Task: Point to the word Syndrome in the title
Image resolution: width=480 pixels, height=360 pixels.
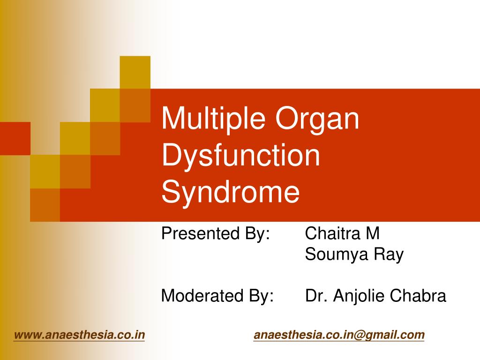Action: coord(230,192)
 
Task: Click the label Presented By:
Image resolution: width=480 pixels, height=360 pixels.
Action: coord(216,233)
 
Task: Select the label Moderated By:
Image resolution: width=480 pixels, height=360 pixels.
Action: coord(217,296)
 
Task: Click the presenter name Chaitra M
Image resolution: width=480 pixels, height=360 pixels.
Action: coord(342,233)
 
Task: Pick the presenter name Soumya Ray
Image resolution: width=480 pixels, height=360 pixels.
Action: coord(354,255)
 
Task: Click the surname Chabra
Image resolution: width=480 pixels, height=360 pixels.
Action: coord(418,296)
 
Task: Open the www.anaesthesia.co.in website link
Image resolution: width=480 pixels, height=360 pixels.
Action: coord(79,335)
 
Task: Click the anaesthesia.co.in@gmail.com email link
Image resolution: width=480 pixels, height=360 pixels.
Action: coord(339,335)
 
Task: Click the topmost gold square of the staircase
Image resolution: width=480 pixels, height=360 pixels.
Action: coord(135,72)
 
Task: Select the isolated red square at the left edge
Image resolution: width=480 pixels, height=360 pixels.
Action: coord(15,138)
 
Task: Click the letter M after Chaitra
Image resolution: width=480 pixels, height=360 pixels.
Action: coord(373,233)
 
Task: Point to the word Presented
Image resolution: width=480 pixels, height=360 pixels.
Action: coord(200,233)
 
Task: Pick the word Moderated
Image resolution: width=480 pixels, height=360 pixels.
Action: coord(202,296)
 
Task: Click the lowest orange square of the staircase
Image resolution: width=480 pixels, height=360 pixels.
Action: coord(45,205)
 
